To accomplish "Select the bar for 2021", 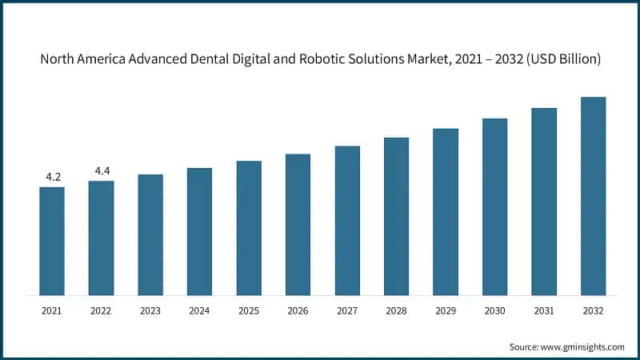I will (52, 241).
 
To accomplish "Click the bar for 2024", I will (199, 231).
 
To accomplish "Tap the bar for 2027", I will (347, 220).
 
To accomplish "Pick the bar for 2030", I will (494, 206).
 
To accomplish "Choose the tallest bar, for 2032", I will (593, 196).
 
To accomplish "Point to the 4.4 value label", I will (102, 170).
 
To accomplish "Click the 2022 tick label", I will (102, 310).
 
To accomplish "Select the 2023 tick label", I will (150, 310).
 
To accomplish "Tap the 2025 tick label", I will (249, 310).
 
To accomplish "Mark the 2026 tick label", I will (298, 310).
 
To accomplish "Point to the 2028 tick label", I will (396, 310).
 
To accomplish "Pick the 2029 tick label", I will (446, 310).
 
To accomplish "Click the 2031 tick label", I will (544, 310).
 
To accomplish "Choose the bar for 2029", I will (446, 211).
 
